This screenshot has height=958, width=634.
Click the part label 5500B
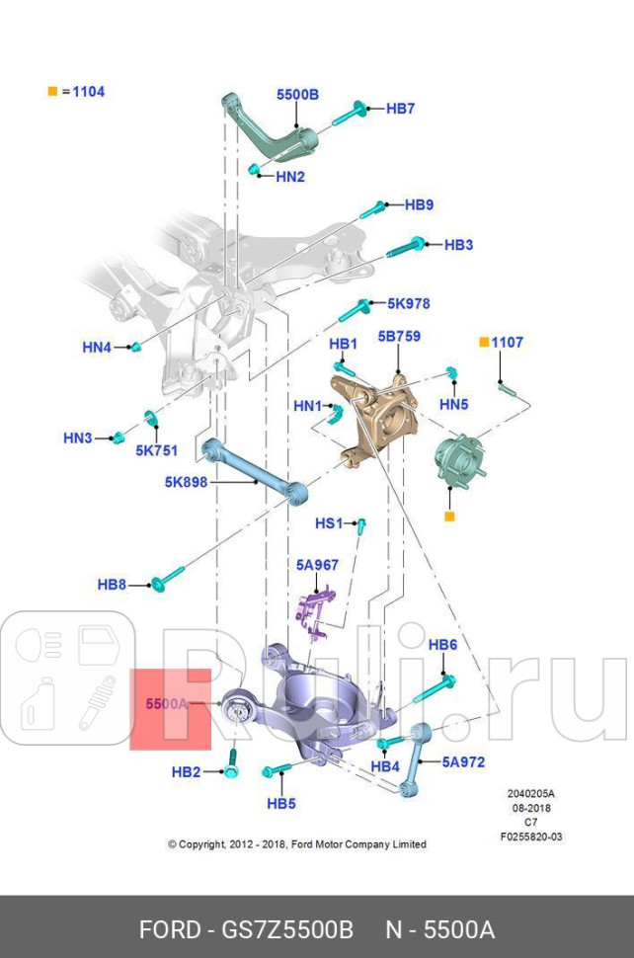click(297, 95)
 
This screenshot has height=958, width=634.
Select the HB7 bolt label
click(400, 109)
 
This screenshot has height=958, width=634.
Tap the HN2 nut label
click(290, 177)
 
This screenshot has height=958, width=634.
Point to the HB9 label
click(419, 205)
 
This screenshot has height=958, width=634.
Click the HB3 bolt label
click(458, 244)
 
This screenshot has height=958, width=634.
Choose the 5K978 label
click(408, 303)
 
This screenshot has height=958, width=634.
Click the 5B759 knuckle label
click(399, 336)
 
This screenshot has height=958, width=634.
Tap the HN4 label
click(97, 347)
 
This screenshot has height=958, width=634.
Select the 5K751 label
click(157, 450)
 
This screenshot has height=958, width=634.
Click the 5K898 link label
click(186, 483)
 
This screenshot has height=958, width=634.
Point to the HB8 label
click(112, 585)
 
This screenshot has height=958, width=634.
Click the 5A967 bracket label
click(317, 565)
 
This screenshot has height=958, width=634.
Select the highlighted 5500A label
click(166, 704)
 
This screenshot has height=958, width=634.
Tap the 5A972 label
click(463, 761)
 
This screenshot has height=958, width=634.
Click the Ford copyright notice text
click(297, 844)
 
